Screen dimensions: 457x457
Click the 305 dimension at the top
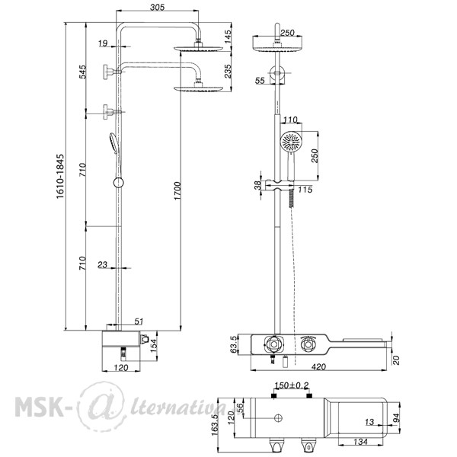157,7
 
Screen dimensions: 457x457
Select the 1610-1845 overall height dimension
60,177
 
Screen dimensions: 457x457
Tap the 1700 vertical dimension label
177,191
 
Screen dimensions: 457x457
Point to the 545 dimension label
83,72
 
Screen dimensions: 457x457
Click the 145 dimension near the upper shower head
228,37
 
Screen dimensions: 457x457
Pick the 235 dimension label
228,71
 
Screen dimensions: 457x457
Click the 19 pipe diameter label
103,43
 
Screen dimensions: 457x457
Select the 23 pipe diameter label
102,264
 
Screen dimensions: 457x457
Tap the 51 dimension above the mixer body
139,321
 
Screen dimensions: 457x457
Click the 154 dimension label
153,345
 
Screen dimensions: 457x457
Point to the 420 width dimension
318,367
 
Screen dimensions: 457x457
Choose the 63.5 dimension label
234,344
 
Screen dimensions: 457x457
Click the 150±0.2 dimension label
292,385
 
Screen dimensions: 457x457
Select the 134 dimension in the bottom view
360,442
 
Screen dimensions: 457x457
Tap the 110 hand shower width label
290,120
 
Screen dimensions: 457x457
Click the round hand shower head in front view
291,142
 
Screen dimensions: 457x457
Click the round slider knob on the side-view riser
118,183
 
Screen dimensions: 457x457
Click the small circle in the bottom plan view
278,418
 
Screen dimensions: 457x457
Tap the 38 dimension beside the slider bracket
257,185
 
